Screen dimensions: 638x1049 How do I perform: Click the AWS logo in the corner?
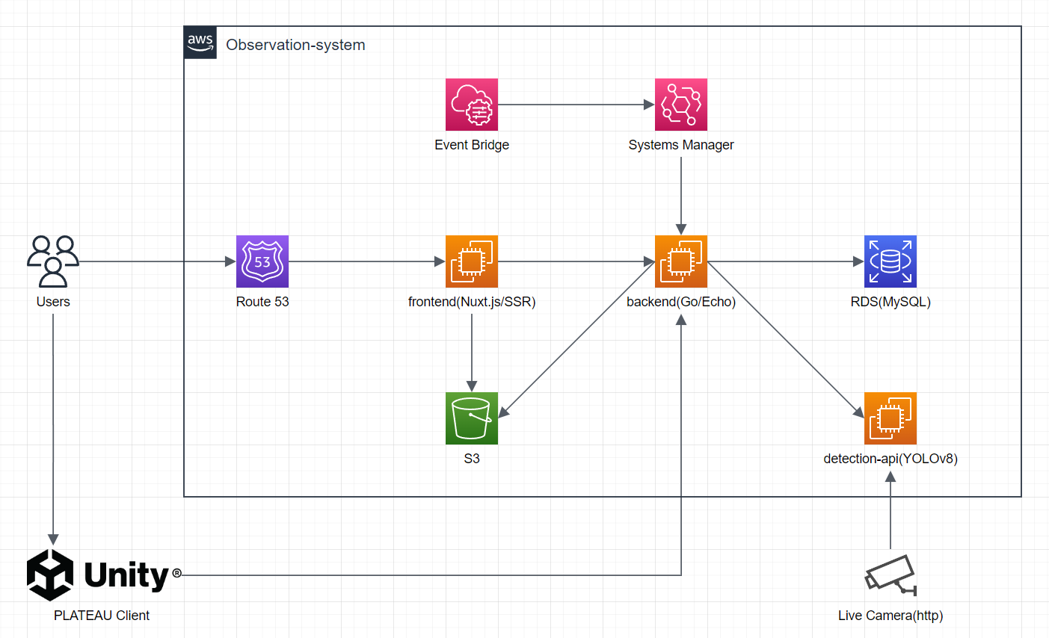click(x=200, y=43)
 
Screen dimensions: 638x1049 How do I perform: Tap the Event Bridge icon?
click(x=472, y=105)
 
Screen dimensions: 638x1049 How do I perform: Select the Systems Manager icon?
click(x=681, y=105)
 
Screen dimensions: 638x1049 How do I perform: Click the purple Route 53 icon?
click(x=262, y=261)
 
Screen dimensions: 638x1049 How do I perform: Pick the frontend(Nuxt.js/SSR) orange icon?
click(x=472, y=261)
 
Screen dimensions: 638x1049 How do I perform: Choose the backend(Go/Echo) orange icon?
click(x=681, y=261)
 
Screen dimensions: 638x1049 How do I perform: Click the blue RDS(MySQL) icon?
click(x=890, y=261)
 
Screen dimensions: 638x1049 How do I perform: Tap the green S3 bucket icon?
click(x=472, y=418)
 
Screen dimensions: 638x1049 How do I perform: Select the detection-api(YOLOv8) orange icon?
click(x=890, y=418)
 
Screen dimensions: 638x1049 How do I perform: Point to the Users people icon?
click(x=53, y=261)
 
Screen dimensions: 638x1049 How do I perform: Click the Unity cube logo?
click(x=50, y=574)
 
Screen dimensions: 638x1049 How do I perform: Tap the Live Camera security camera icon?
click(x=890, y=575)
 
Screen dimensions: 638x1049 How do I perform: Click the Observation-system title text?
click(x=295, y=45)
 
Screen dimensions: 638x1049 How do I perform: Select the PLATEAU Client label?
click(x=102, y=616)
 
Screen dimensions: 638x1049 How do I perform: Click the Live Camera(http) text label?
click(x=890, y=616)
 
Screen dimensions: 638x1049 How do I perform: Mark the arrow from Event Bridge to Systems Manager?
click(x=576, y=105)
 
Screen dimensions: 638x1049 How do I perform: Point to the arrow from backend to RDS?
click(x=785, y=261)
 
